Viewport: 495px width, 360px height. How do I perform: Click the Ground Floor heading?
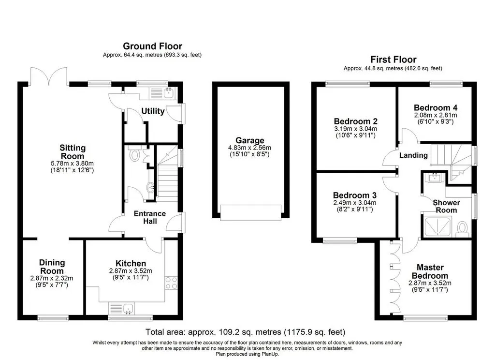click(152, 46)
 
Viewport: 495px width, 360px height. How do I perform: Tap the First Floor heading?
click(393, 60)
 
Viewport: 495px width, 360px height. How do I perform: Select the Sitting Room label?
click(73, 152)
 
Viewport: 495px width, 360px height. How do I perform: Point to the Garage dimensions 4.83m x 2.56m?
click(249, 148)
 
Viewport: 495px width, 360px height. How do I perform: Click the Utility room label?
click(153, 111)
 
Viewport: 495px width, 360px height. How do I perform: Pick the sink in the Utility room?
click(169, 92)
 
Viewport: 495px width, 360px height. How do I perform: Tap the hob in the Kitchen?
click(171, 283)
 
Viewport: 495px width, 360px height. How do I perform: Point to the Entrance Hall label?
click(150, 217)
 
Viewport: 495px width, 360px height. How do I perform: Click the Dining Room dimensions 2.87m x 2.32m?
click(52, 278)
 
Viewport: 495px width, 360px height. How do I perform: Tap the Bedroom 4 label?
click(436, 108)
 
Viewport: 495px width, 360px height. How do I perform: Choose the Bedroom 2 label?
click(355, 121)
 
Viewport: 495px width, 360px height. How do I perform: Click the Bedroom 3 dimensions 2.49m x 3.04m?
click(355, 203)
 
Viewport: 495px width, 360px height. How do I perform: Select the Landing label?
click(413, 155)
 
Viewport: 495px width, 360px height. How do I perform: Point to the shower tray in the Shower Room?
click(438, 226)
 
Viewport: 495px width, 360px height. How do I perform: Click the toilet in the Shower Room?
click(463, 228)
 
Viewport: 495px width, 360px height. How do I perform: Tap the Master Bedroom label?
click(430, 271)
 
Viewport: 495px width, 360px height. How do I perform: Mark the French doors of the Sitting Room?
click(49, 76)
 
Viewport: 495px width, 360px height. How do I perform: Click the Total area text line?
click(245, 332)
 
